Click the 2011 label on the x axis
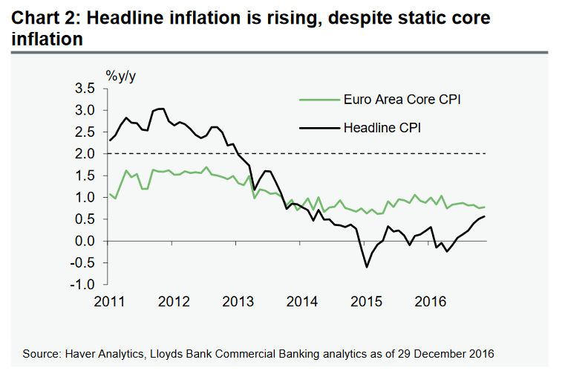110,300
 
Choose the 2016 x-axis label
431,300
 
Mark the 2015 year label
367,300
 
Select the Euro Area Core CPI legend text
403,99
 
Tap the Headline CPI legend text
382,128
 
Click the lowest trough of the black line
366,267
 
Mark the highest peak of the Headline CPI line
160,109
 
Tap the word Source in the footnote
44,352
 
